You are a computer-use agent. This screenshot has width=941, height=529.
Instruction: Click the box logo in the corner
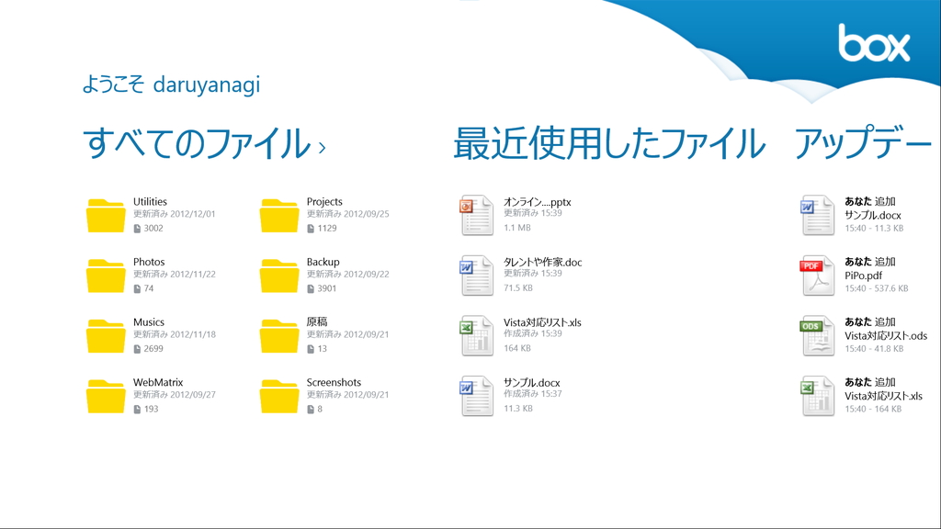(x=873, y=43)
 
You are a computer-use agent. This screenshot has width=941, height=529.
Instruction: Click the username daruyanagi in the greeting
(x=207, y=85)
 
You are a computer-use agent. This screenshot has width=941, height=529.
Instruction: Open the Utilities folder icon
(x=106, y=215)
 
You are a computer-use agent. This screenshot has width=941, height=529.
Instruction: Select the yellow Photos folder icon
(x=106, y=276)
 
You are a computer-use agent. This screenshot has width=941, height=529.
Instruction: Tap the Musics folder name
(x=149, y=322)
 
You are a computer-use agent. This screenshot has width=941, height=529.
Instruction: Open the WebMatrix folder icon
(x=106, y=396)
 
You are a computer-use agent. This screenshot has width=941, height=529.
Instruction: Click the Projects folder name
(x=324, y=202)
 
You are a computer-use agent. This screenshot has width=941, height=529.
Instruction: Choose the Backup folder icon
(x=279, y=276)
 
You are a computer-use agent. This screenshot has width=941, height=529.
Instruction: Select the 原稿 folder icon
(x=279, y=336)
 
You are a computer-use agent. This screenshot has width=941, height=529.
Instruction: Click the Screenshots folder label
(x=334, y=383)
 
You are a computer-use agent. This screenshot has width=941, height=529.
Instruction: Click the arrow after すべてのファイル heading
(x=322, y=146)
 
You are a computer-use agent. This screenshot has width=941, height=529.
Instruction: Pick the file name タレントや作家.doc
(x=542, y=263)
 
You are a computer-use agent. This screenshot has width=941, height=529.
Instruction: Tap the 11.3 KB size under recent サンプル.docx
(x=518, y=409)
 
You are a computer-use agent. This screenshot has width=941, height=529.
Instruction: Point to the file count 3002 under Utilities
(x=153, y=229)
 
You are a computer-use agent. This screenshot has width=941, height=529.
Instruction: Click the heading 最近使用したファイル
(x=608, y=144)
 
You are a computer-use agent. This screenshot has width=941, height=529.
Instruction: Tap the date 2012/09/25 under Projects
(x=366, y=214)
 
